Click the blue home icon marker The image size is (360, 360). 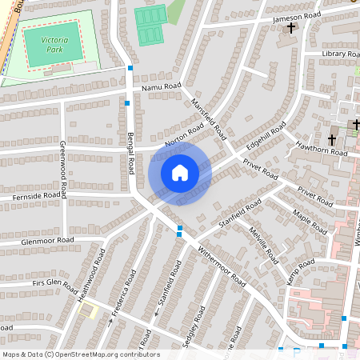(x=180, y=172)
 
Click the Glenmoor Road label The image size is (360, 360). (x=37, y=240)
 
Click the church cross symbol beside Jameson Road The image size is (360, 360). (x=291, y=29)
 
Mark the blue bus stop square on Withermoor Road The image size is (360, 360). (x=179, y=230)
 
